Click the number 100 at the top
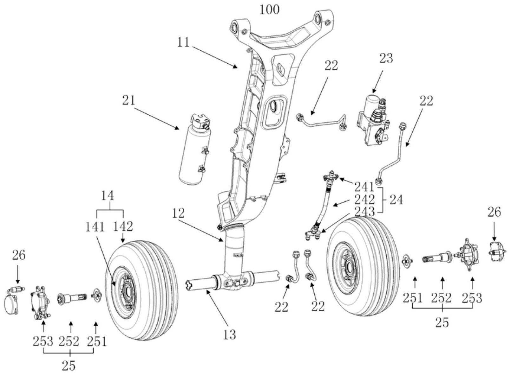(x=270, y=10)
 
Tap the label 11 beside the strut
(x=183, y=42)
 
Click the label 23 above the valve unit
(x=386, y=58)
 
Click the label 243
(x=364, y=212)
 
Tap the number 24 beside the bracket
(x=396, y=200)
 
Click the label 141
(x=95, y=226)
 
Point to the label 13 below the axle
(x=229, y=334)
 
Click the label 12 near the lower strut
(x=179, y=213)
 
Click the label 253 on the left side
(x=43, y=341)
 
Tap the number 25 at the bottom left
(x=69, y=366)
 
